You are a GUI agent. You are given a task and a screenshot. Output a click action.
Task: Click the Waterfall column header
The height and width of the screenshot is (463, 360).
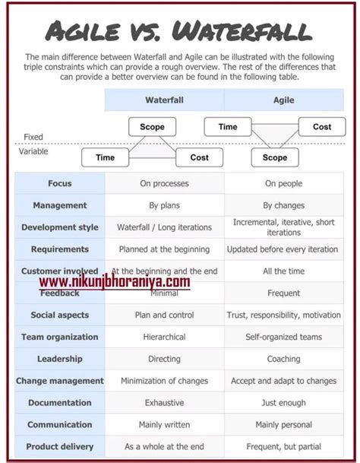pyautogui.click(x=164, y=100)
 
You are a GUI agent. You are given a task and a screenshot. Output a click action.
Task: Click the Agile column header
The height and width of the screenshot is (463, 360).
pyautogui.click(x=283, y=100)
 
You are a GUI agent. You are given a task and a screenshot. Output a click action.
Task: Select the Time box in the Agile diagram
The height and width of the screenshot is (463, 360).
pyautogui.click(x=228, y=127)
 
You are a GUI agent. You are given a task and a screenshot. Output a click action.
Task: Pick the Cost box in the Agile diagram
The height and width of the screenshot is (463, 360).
pyautogui.click(x=322, y=127)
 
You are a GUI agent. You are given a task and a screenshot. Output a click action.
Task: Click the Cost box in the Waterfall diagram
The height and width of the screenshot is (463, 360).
pyautogui.click(x=199, y=157)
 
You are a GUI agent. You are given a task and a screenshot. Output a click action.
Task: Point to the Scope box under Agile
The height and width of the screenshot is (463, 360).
pyautogui.click(x=275, y=157)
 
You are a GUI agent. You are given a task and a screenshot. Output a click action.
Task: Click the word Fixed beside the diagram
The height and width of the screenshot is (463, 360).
pyautogui.click(x=33, y=137)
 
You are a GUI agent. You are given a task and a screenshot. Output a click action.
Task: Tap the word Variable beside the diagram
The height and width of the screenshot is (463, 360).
pyautogui.click(x=33, y=151)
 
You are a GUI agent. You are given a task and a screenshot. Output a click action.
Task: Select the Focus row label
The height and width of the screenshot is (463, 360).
pyautogui.click(x=60, y=183)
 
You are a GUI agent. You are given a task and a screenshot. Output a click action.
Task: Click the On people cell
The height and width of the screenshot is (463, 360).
pyautogui.click(x=283, y=183)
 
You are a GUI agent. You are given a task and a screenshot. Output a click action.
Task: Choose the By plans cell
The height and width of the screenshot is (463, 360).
pyautogui.click(x=164, y=205)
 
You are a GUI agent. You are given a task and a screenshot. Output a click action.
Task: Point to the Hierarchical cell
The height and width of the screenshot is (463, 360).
pyautogui.click(x=164, y=337)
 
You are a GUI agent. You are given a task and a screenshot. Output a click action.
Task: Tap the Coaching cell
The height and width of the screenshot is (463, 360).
pyautogui.click(x=283, y=359)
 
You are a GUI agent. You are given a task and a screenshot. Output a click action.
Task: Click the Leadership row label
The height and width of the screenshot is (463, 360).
pyautogui.click(x=60, y=359)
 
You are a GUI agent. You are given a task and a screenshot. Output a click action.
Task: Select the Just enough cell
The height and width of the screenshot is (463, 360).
pyautogui.click(x=283, y=403)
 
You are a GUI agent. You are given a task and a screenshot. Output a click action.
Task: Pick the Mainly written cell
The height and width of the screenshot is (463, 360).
pyautogui.click(x=164, y=425)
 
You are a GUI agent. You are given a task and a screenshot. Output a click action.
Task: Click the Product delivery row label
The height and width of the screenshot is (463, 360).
pyautogui.click(x=60, y=447)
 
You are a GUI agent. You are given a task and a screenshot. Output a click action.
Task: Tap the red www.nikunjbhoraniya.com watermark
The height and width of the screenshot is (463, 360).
pyautogui.click(x=114, y=282)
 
